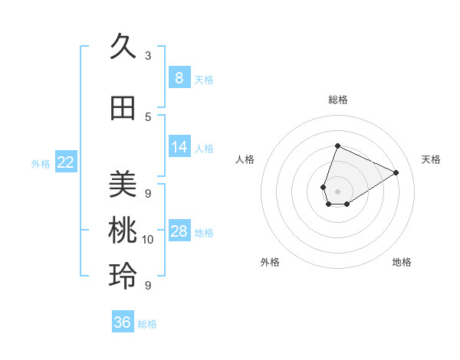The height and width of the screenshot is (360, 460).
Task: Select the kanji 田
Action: click(123, 109)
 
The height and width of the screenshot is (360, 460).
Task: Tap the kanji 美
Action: click(123, 184)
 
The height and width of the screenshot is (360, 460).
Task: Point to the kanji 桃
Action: click(123, 231)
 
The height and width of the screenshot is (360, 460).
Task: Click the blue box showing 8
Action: click(179, 78)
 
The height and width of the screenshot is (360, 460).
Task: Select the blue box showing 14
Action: click(179, 147)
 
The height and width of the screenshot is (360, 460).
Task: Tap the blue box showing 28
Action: click(179, 231)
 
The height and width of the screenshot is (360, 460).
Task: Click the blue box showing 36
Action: click(122, 322)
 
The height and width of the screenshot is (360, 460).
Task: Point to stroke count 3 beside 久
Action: click(148, 56)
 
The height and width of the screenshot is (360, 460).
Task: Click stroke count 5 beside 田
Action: click(148, 117)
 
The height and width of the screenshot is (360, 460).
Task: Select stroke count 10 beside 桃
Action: click(148, 240)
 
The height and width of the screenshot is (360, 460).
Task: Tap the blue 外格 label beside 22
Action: click(41, 163)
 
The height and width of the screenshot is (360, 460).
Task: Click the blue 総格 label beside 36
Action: click(147, 324)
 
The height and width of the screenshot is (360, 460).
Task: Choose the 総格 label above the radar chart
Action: click(337, 100)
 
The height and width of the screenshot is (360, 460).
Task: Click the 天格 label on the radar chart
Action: click(431, 159)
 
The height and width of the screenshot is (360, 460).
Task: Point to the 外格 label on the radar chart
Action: click(270, 262)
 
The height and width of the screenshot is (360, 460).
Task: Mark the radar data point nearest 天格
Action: click(396, 172)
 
